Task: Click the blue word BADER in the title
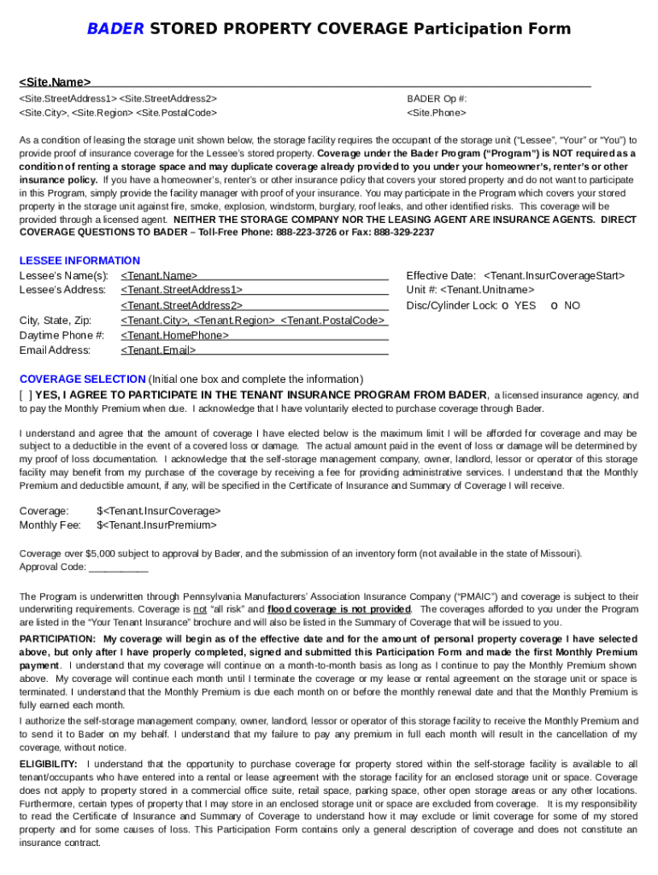tap(115, 29)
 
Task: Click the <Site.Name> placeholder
tap(55, 82)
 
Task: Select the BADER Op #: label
tap(437, 99)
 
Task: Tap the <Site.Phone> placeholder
tap(437, 113)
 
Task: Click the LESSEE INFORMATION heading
tap(79, 261)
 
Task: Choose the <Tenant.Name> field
tap(159, 276)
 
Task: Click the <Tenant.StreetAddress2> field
tap(181, 305)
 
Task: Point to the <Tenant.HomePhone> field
tap(174, 335)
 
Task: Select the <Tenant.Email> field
tap(158, 350)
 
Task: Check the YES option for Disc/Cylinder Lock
tap(506, 305)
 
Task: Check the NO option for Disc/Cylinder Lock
tap(554, 305)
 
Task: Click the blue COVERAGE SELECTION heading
tap(82, 379)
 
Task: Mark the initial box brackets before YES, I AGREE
tap(26, 395)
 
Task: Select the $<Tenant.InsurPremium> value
tap(156, 526)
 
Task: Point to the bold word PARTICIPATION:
tap(57, 639)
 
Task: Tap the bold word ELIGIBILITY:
tap(49, 764)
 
